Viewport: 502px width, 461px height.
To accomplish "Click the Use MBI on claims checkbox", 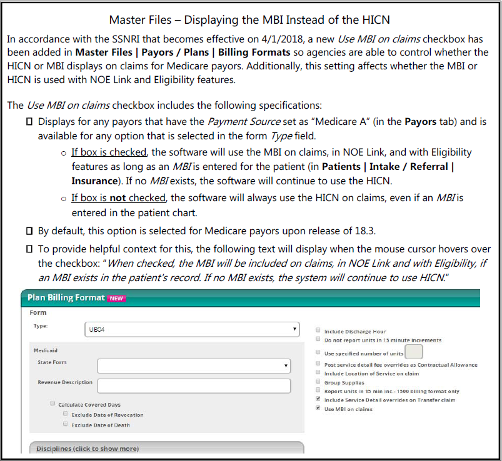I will point(318,409).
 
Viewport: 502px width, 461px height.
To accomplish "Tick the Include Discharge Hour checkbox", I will point(318,331).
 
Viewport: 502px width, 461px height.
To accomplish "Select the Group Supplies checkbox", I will point(318,382).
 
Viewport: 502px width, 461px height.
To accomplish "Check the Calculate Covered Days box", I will point(53,405).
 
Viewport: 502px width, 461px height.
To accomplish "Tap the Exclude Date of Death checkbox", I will point(65,425).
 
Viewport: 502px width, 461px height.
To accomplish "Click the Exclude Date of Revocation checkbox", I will point(65,415).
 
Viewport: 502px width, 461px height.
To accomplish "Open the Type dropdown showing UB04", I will point(191,329).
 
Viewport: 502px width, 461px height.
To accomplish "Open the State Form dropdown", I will point(194,365).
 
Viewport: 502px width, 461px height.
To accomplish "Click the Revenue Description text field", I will point(194,385).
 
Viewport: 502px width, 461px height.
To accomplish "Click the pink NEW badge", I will point(116,298).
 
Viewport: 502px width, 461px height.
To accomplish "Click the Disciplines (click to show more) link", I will point(88,449).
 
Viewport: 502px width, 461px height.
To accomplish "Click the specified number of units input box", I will point(414,352).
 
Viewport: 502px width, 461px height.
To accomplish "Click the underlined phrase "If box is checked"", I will point(109,152).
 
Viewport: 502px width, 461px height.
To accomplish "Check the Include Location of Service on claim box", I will point(318,373).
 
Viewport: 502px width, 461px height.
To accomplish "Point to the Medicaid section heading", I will point(46,350).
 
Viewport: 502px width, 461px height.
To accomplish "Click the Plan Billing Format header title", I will point(66,298).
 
